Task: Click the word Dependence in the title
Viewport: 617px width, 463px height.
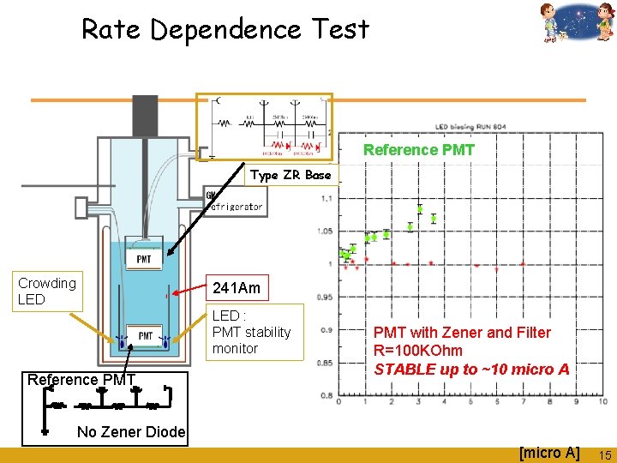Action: (x=225, y=30)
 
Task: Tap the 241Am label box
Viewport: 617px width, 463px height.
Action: (x=237, y=288)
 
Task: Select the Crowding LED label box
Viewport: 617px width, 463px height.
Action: (x=47, y=291)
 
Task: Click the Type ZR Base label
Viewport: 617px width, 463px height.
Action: (x=291, y=175)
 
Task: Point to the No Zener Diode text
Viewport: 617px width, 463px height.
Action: (x=131, y=432)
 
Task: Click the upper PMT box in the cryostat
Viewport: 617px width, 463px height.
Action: (x=144, y=258)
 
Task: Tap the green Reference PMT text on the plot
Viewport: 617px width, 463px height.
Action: (x=418, y=150)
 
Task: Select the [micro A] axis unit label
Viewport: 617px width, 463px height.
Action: (x=549, y=452)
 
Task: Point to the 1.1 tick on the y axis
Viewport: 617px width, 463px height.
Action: (x=326, y=199)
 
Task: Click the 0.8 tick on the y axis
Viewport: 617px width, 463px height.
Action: (x=326, y=395)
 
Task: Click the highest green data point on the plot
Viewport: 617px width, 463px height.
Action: (x=420, y=209)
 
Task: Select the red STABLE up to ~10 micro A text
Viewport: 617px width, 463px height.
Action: (x=471, y=369)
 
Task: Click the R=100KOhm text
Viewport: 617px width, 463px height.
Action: (x=417, y=351)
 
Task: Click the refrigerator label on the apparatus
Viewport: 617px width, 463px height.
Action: (x=235, y=207)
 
